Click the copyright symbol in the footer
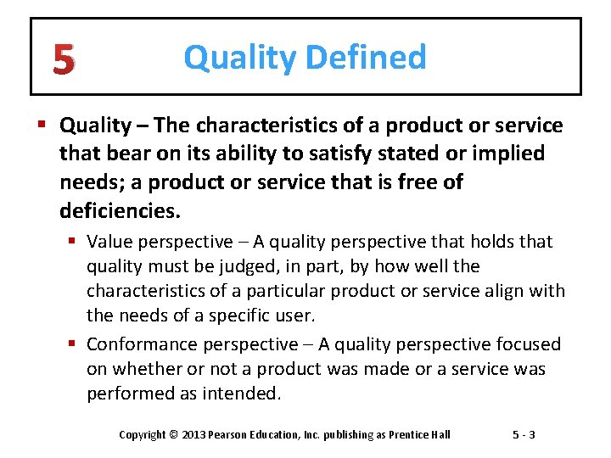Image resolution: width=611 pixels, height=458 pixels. tap(173, 435)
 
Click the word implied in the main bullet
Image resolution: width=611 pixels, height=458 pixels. tap(512, 154)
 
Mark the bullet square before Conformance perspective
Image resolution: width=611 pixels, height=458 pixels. tap(74, 344)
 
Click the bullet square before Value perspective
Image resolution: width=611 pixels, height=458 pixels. tap(74, 242)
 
